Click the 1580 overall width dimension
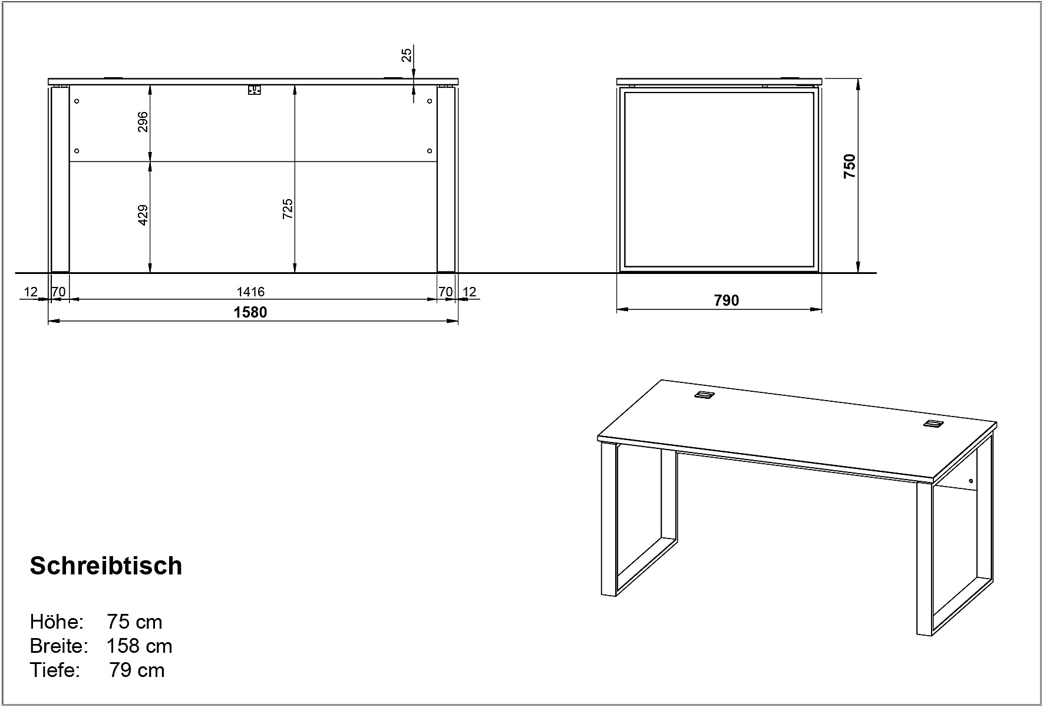pyautogui.click(x=250, y=312)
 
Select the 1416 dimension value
pyautogui.click(x=250, y=292)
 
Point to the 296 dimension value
pyautogui.click(x=143, y=122)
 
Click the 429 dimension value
pyautogui.click(x=143, y=215)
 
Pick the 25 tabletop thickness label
pyautogui.click(x=407, y=55)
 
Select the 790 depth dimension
pyautogui.click(x=727, y=300)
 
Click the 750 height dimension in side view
pyautogui.click(x=849, y=167)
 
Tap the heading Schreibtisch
pyautogui.click(x=106, y=566)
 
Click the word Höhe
pyautogui.click(x=57, y=622)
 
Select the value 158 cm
pyautogui.click(x=140, y=646)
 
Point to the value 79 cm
pyautogui.click(x=137, y=670)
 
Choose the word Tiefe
pyautogui.click(x=55, y=670)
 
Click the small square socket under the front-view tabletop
pyautogui.click(x=254, y=90)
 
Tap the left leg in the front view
pyautogui.click(x=60, y=179)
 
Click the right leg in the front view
pyautogui.click(x=446, y=179)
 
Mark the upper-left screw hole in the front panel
pyautogui.click(x=77, y=101)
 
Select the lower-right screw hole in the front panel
pyautogui.click(x=430, y=151)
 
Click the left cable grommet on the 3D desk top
pyautogui.click(x=704, y=395)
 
